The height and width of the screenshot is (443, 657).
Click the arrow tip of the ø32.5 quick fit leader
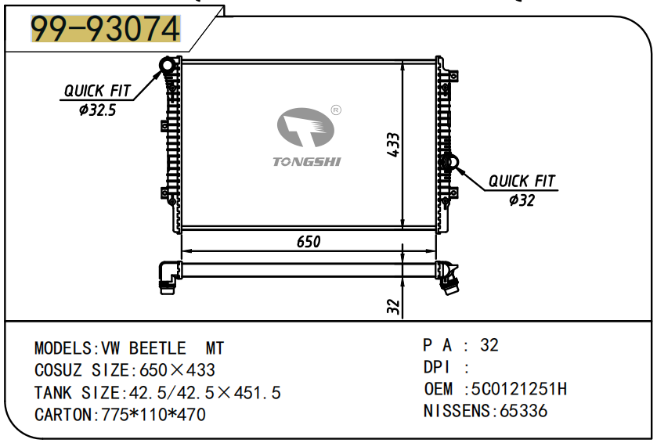click(x=163, y=70)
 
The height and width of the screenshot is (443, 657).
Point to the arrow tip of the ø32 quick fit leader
click(x=454, y=167)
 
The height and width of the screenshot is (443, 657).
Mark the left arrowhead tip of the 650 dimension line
click(x=182, y=251)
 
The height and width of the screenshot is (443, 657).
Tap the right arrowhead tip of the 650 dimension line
click(x=436, y=251)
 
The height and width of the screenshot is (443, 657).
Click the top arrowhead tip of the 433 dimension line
click(x=403, y=61)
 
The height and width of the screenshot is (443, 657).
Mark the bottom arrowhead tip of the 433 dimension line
click(x=403, y=229)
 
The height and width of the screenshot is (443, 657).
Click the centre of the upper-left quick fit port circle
click(x=168, y=65)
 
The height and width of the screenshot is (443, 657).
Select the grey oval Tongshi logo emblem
click(x=305, y=128)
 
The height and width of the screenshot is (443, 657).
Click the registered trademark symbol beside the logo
click(x=336, y=110)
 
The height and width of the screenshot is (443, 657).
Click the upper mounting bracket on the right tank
click(x=453, y=76)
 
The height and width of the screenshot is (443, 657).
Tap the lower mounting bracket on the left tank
click(x=164, y=193)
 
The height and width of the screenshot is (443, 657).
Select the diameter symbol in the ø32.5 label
click(x=84, y=110)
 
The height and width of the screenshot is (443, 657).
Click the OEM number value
click(x=519, y=389)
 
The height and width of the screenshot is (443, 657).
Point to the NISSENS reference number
click(x=524, y=411)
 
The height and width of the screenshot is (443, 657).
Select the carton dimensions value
click(x=153, y=415)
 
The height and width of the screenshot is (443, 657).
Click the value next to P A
click(x=489, y=345)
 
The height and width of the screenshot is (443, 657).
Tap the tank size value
click(x=205, y=393)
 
